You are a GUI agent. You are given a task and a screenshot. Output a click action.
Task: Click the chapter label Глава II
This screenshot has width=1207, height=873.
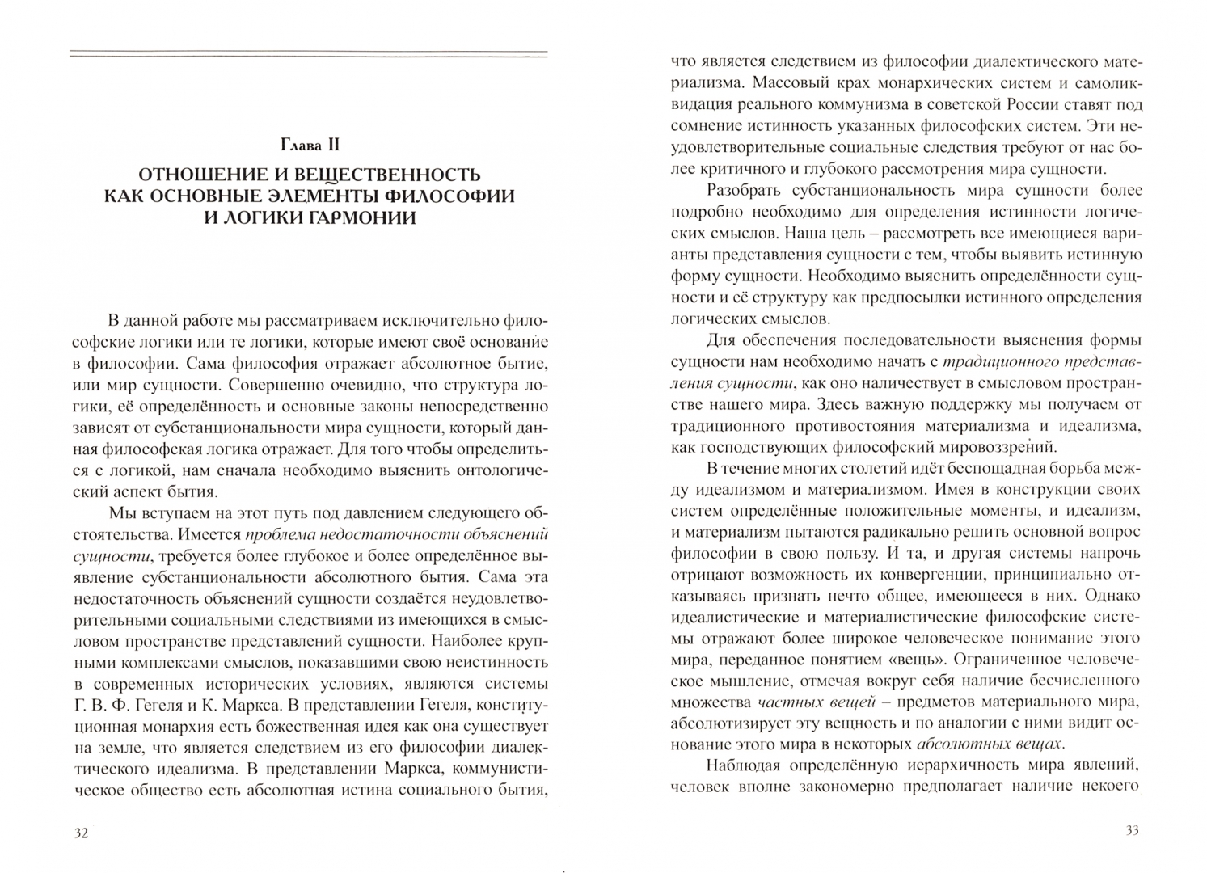[308, 145]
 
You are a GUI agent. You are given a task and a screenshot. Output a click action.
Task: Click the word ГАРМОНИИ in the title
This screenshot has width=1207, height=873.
[352, 218]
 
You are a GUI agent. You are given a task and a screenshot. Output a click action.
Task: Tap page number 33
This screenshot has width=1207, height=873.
[1131, 831]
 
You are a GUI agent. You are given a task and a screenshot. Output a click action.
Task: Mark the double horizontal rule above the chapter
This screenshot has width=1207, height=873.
[308, 54]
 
